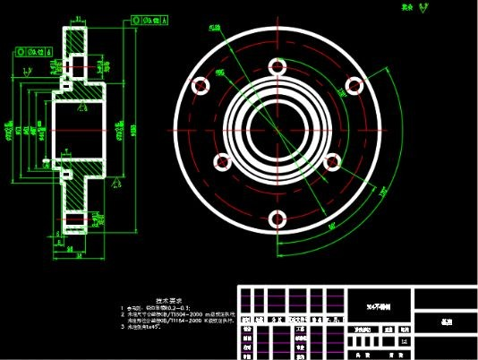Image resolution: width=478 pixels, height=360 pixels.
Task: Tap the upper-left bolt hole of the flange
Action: (201, 85)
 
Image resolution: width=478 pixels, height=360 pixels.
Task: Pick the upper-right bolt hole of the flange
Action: (354, 85)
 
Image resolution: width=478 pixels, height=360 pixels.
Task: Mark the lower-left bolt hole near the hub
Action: (220, 162)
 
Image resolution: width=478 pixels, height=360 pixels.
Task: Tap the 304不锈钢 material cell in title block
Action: (378, 304)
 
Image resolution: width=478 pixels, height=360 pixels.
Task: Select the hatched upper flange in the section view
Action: (76, 49)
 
